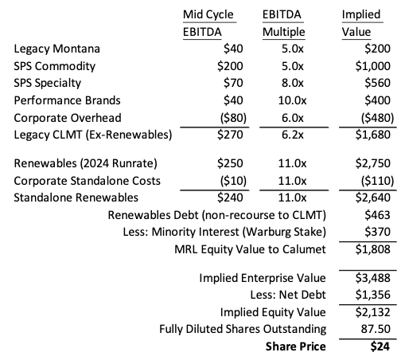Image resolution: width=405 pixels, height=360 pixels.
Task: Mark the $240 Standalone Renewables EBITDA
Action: [x=230, y=197]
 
